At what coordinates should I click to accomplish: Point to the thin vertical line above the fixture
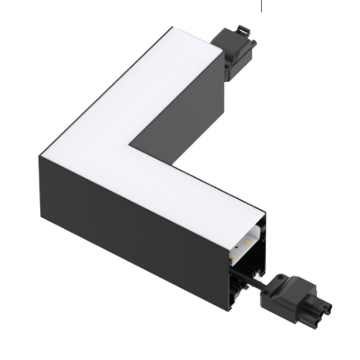[x=261, y=6]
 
